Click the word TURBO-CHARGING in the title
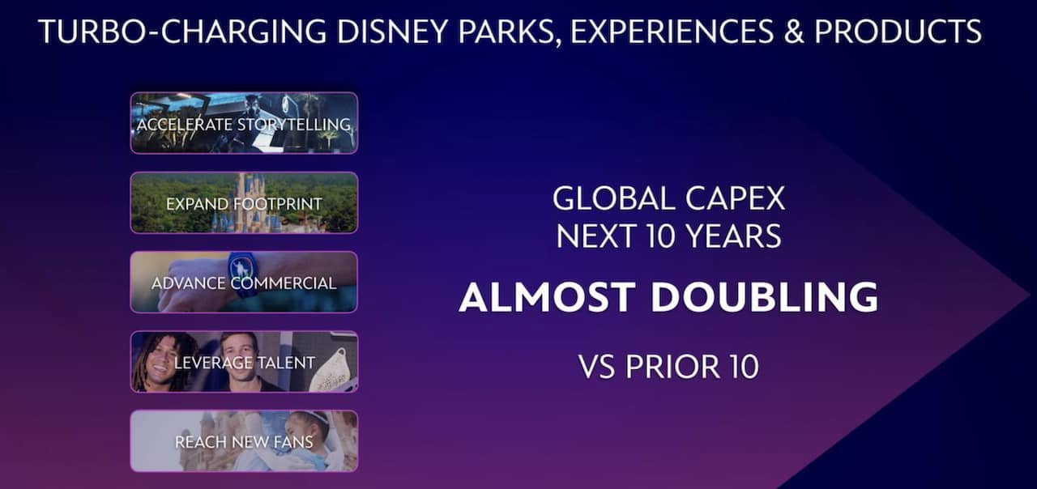click(x=183, y=32)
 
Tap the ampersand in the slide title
click(x=793, y=32)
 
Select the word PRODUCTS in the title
click(x=898, y=32)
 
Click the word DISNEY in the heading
click(x=392, y=32)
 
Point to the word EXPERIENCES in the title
click(x=672, y=32)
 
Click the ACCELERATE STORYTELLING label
click(x=244, y=125)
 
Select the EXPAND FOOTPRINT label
click(x=244, y=204)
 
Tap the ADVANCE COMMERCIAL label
click(x=244, y=283)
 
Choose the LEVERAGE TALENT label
click(x=244, y=363)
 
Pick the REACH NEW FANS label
click(x=244, y=442)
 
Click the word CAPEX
click(x=735, y=199)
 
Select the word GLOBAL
click(x=613, y=199)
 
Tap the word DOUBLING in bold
click(x=764, y=296)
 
